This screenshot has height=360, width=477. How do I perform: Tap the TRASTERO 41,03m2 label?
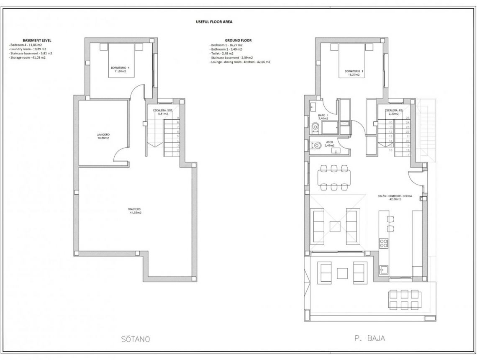click(135, 211)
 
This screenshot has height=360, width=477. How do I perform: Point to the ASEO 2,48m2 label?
click(329, 144)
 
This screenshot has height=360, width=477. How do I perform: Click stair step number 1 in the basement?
click(178, 155)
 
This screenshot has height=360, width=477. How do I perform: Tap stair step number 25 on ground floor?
click(408, 118)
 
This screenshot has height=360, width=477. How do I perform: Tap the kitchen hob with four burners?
click(384, 243)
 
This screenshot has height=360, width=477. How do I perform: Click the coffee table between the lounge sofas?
click(334, 226)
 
